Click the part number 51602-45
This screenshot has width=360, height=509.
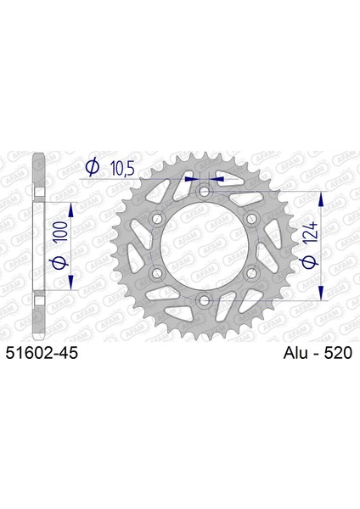pos(42,353)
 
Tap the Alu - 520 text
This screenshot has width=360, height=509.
pos(318,353)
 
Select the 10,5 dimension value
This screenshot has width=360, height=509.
pos(122,169)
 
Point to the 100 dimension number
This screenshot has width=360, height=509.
pos(61,231)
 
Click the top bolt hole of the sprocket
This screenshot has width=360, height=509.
pos(204,191)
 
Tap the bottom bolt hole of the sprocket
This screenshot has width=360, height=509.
pos(204,300)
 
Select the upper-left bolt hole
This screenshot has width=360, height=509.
pos(157,218)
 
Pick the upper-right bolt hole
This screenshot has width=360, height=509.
pos(251,218)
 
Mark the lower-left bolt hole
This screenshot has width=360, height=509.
pos(157,273)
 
